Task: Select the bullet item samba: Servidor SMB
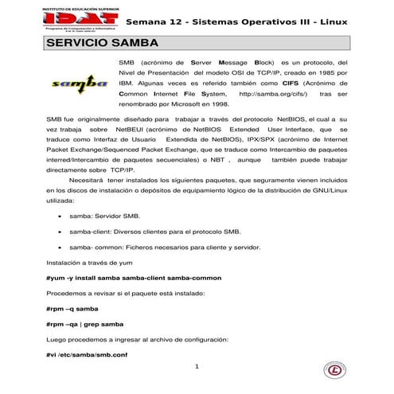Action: [107, 216]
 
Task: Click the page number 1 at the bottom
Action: [197, 367]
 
